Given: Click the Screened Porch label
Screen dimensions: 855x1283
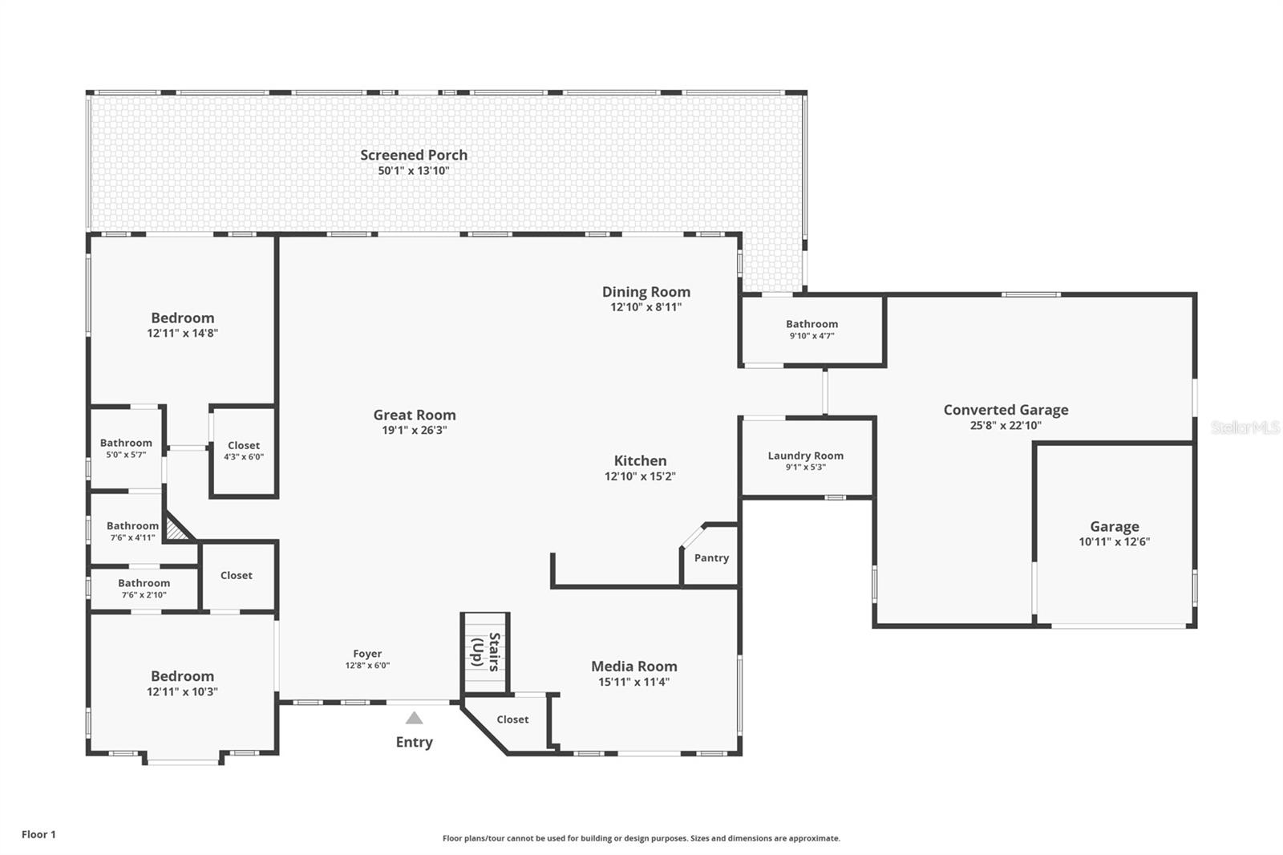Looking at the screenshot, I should click(x=413, y=155).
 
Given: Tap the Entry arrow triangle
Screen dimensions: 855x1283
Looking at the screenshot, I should click(x=414, y=718).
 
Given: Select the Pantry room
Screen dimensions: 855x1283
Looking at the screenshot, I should click(x=711, y=557).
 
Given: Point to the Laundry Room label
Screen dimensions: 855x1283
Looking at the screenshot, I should click(x=805, y=456).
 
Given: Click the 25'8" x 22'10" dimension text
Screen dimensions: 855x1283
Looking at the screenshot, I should click(x=1006, y=426).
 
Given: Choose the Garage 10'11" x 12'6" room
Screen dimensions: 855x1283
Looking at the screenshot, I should click(x=1114, y=533).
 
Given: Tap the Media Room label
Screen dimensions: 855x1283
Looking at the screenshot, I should click(x=633, y=666).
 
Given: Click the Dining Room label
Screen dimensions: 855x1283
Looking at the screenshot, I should click(x=646, y=292).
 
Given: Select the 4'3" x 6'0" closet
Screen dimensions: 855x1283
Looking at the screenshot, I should click(x=243, y=451).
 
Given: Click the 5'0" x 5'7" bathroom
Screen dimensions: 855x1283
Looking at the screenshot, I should click(x=126, y=448).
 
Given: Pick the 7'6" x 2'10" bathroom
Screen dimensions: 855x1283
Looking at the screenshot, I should click(x=144, y=588).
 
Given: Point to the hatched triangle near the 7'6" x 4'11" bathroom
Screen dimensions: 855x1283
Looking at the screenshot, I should click(x=176, y=530).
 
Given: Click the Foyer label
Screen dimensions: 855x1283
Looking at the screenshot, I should click(x=367, y=654).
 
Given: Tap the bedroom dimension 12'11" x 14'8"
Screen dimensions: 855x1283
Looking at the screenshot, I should click(x=182, y=333).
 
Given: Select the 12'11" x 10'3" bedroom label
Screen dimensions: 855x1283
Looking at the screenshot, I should click(x=182, y=676).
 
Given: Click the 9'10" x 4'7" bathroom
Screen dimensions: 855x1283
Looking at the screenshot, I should click(x=811, y=330).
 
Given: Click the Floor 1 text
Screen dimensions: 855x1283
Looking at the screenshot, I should click(x=38, y=834).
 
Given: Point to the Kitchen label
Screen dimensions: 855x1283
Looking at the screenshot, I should click(x=640, y=460).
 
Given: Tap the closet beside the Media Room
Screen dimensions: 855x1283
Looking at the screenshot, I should click(x=512, y=719).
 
